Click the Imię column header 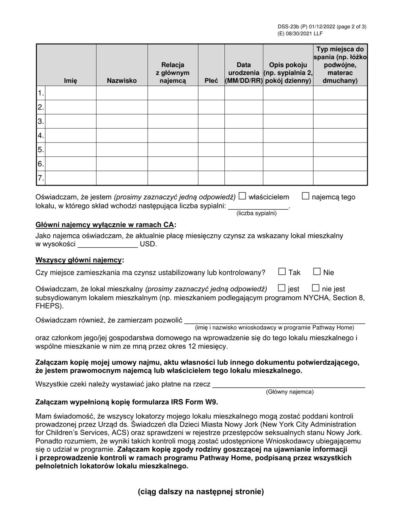tap(70, 80)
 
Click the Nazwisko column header tap(122, 80)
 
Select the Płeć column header tap(211, 80)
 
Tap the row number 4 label tap(41, 136)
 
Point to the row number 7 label tap(41, 178)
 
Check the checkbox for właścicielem tap(242, 196)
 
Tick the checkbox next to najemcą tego tap(306, 196)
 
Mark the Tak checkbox tap(282, 272)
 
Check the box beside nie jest tap(316, 288)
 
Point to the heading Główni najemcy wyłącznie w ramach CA tap(105, 225)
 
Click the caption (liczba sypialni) tap(256, 213)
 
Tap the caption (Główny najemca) tap(290, 392)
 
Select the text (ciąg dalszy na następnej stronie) tap(201, 492)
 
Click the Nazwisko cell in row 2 tap(122, 107)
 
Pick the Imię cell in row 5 tap(70, 150)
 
